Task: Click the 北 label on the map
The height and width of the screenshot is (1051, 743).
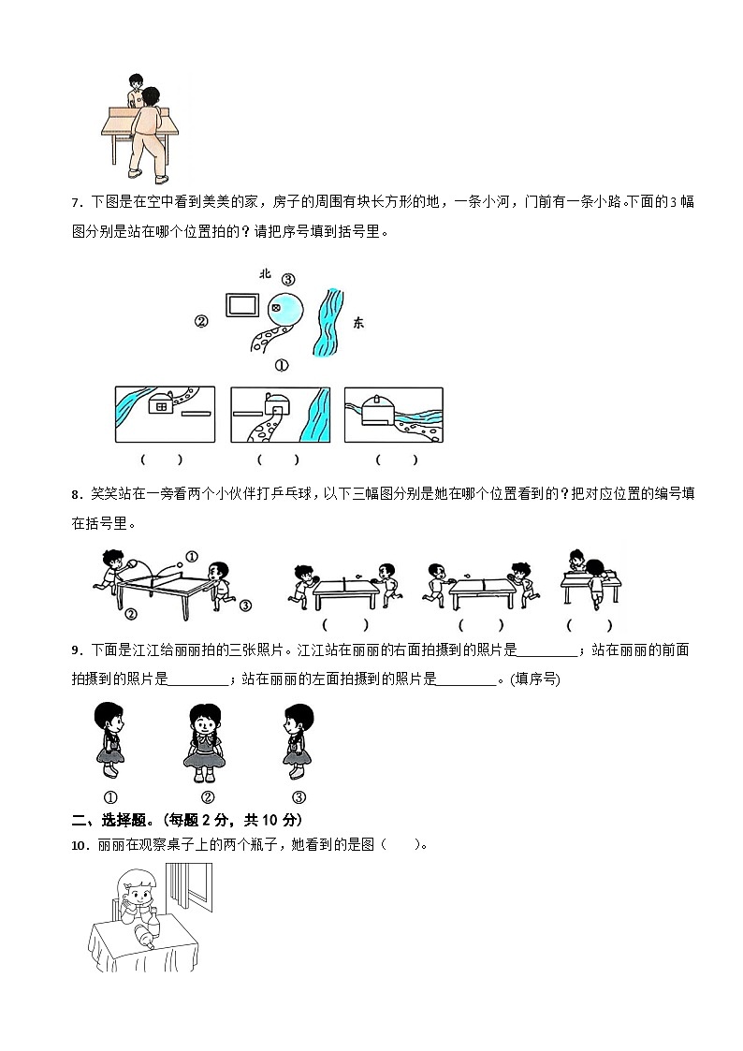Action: (265, 274)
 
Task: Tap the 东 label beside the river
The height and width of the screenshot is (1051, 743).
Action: (358, 322)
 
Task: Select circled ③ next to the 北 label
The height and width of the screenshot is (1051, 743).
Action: (288, 279)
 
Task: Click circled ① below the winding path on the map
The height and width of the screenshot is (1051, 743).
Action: (282, 366)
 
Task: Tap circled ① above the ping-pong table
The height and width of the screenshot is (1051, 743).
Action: (192, 557)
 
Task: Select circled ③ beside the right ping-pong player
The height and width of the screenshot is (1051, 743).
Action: (245, 606)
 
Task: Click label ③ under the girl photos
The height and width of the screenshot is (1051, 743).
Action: (299, 797)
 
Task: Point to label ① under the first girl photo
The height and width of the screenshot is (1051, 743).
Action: (109, 797)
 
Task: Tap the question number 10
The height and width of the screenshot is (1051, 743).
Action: (79, 845)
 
